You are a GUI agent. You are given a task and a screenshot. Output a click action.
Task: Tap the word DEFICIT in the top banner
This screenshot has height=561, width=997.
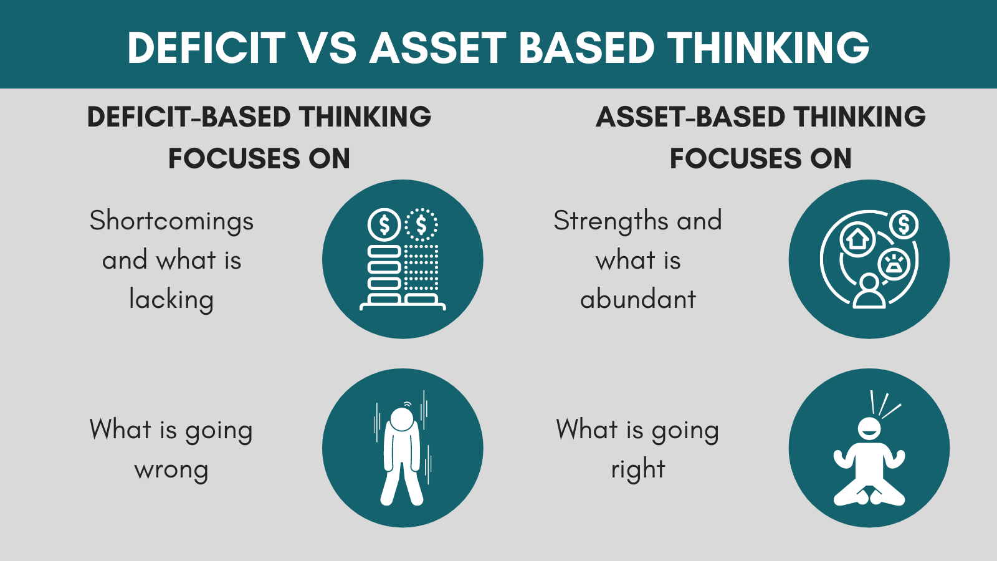click(x=206, y=48)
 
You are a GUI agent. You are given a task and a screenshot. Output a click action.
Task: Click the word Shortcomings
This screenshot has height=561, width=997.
click(x=171, y=222)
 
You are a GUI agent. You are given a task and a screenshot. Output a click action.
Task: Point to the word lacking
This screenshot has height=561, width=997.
click(x=171, y=300)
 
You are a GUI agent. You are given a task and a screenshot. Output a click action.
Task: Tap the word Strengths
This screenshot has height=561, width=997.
click(x=602, y=222)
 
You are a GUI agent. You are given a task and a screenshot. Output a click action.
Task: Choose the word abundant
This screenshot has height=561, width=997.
click(x=637, y=300)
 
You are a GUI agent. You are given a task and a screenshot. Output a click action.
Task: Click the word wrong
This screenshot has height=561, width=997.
click(x=171, y=470)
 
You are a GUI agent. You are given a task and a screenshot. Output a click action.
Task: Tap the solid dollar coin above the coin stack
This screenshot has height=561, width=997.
click(x=384, y=224)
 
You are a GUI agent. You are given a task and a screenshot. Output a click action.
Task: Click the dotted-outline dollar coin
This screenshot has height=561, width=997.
click(x=421, y=224)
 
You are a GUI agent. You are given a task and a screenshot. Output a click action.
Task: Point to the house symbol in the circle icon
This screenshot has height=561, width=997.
click(x=857, y=239)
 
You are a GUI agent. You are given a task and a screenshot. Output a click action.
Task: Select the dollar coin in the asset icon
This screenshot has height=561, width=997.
click(x=904, y=224)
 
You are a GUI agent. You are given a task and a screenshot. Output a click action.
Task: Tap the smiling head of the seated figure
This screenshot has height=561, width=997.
click(x=869, y=428)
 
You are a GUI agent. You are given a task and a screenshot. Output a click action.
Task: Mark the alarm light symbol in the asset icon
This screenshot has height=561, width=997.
click(x=894, y=264)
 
